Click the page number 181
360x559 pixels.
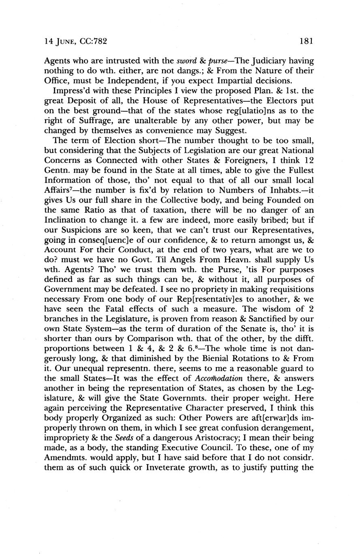click(x=307, y=41)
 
